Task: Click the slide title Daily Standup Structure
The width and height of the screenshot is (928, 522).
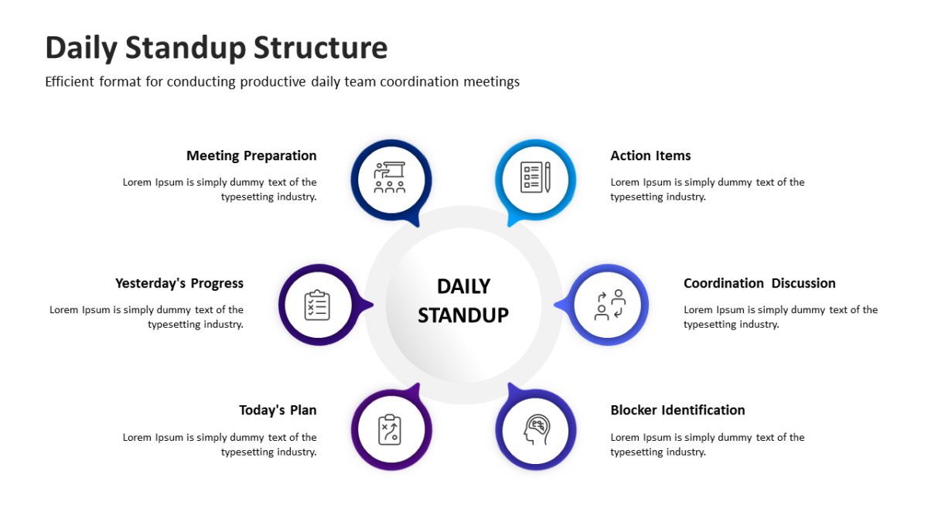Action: [216, 48]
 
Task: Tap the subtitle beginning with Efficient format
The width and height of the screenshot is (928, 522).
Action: [282, 82]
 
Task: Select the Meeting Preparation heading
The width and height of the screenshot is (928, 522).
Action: [251, 155]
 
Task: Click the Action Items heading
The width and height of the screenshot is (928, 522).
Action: [650, 155]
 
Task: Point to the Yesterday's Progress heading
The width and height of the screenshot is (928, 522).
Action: [179, 283]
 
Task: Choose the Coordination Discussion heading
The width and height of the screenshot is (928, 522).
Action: [759, 283]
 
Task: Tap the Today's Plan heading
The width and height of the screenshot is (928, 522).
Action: [278, 410]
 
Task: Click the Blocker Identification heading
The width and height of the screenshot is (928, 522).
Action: [677, 410]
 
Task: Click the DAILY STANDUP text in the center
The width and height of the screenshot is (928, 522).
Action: [463, 301]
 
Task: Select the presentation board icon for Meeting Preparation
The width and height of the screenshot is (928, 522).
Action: [390, 178]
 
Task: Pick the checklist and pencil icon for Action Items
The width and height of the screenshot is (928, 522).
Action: [536, 178]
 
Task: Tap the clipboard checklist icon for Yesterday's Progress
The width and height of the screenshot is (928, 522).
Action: [317, 305]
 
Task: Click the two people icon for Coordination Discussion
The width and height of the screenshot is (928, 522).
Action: [609, 305]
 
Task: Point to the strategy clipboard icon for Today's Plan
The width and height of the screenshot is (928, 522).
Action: [390, 430]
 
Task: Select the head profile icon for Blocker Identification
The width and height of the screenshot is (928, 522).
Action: [536, 430]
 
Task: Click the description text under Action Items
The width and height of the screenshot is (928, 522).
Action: [707, 189]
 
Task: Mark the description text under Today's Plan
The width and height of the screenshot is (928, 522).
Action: [220, 445]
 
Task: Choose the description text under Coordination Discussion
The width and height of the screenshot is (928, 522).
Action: [780, 317]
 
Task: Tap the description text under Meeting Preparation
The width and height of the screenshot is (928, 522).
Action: [220, 189]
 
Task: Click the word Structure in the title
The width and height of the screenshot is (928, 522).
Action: [320, 48]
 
